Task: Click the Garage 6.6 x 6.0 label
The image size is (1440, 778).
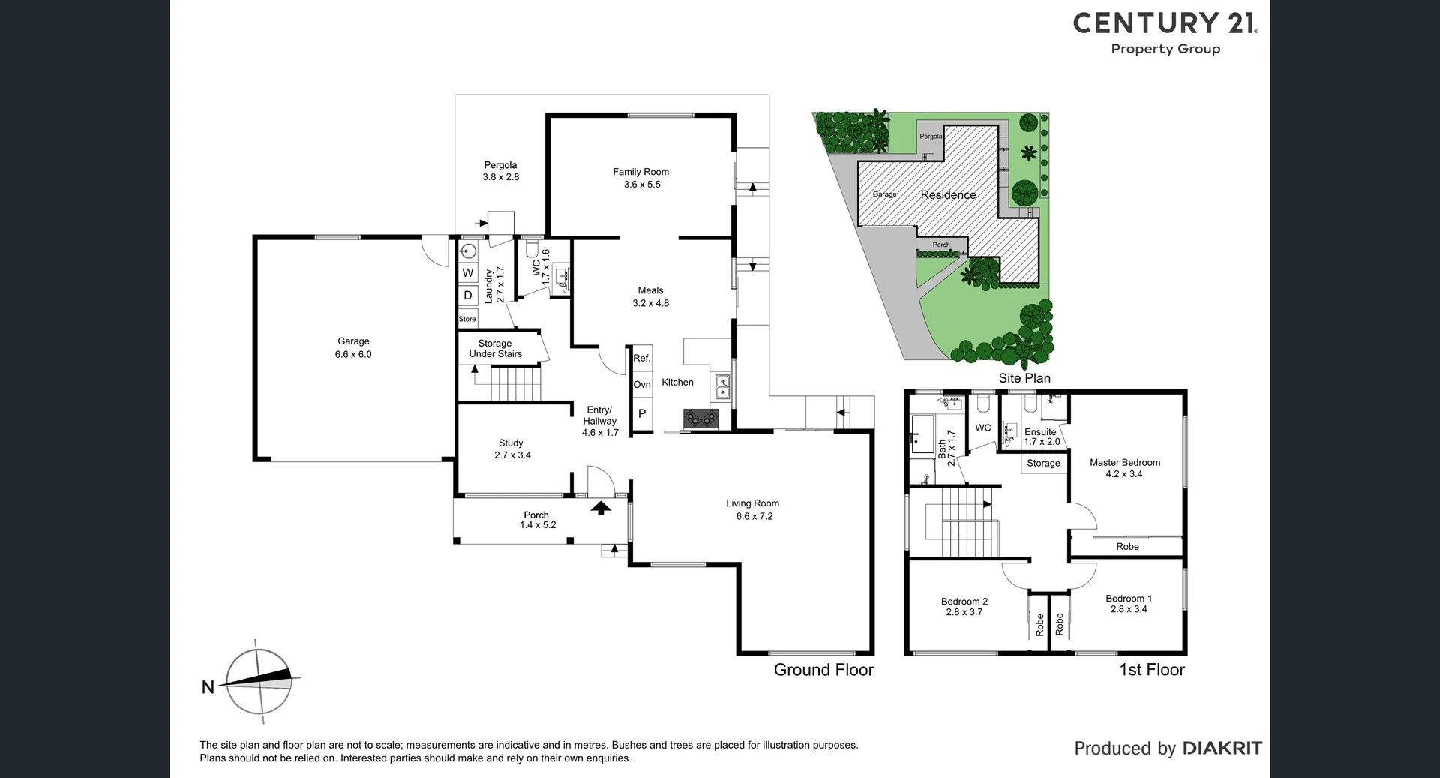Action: (x=353, y=347)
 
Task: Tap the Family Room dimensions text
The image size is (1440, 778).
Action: (x=641, y=185)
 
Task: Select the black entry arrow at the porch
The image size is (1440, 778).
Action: (x=600, y=508)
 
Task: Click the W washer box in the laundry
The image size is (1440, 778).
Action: (x=468, y=273)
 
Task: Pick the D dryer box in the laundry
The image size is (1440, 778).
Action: (x=468, y=296)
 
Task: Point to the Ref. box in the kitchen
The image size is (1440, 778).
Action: (x=642, y=359)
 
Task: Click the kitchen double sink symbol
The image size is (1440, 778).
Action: (x=722, y=386)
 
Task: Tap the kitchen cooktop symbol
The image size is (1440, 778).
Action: (x=700, y=418)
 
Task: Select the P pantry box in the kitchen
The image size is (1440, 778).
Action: (x=642, y=413)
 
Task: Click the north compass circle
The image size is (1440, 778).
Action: (x=259, y=681)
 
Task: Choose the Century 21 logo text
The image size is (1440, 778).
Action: (x=1165, y=23)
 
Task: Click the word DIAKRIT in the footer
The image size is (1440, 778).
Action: (x=1222, y=748)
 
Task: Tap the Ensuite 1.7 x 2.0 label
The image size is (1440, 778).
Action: (x=1041, y=437)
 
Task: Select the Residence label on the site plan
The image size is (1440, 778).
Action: (x=948, y=195)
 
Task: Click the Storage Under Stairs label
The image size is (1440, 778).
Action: (x=495, y=349)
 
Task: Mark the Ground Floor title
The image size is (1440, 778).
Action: (x=823, y=670)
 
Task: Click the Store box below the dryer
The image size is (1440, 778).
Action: (x=467, y=319)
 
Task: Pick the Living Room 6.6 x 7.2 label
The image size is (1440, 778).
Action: (x=753, y=509)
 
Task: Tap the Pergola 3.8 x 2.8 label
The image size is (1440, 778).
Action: (x=500, y=171)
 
